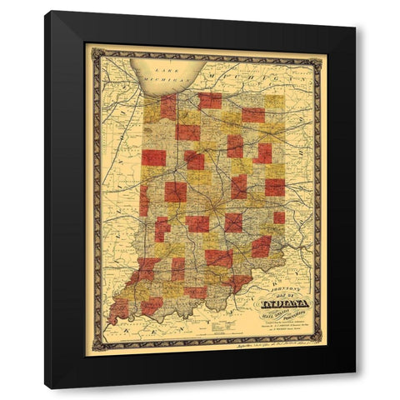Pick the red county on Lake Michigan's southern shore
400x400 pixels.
coord(168,107)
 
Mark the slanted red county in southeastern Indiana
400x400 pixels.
coord(261,246)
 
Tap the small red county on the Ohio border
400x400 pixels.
coord(278,217)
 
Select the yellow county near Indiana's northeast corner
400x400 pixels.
coord(273,103)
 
